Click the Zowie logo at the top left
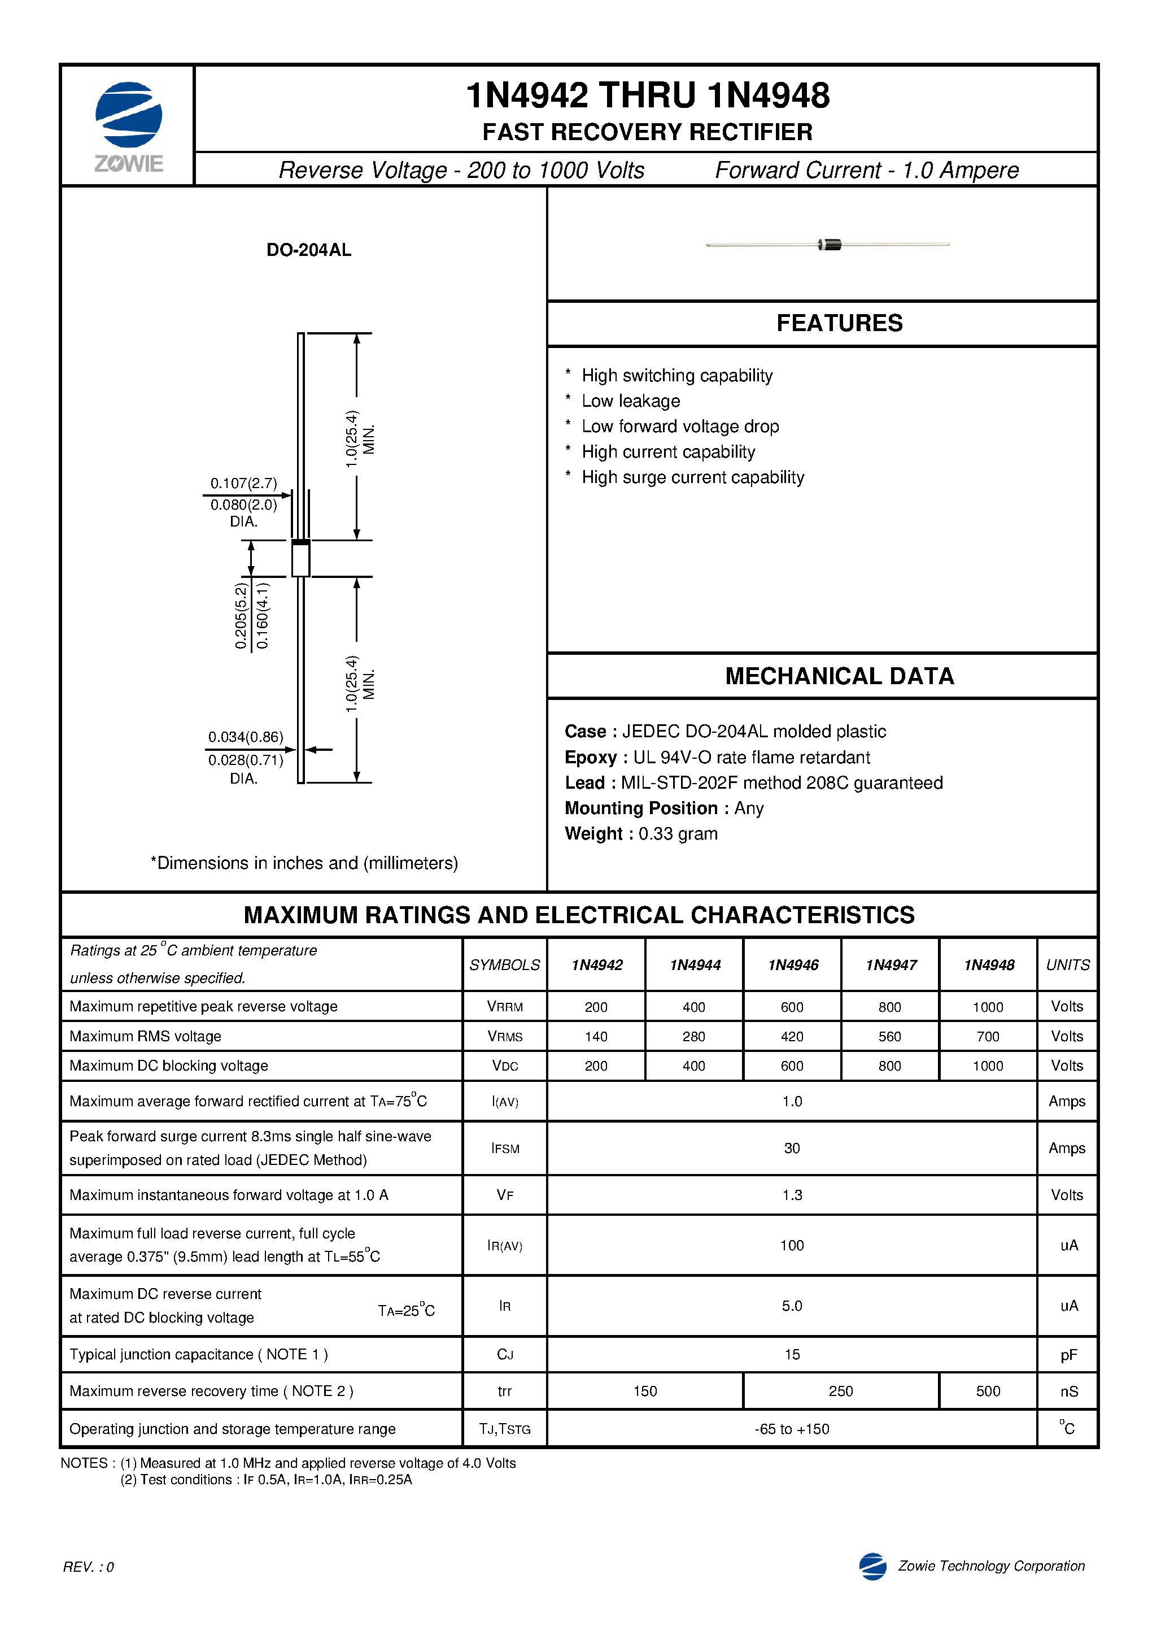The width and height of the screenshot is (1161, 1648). point(128,125)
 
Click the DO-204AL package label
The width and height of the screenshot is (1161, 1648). point(308,250)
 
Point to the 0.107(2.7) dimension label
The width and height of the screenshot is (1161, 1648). point(243,483)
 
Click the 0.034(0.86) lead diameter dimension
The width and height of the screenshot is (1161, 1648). point(246,737)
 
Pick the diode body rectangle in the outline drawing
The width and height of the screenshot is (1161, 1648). point(300,558)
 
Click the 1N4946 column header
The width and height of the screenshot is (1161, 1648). point(792,965)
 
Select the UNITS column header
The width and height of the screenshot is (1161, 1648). point(1067,965)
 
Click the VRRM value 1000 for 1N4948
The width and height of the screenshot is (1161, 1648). point(988,1007)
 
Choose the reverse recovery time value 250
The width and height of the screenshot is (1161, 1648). point(840,1391)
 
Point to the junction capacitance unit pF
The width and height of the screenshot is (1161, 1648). point(1068,1354)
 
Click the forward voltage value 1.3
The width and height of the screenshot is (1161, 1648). point(792,1195)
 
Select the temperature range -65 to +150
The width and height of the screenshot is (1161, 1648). point(792,1428)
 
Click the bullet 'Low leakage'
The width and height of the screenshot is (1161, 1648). point(631,401)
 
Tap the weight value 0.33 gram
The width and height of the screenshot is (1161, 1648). point(678,833)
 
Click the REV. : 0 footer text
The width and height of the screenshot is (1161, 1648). point(88,1566)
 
